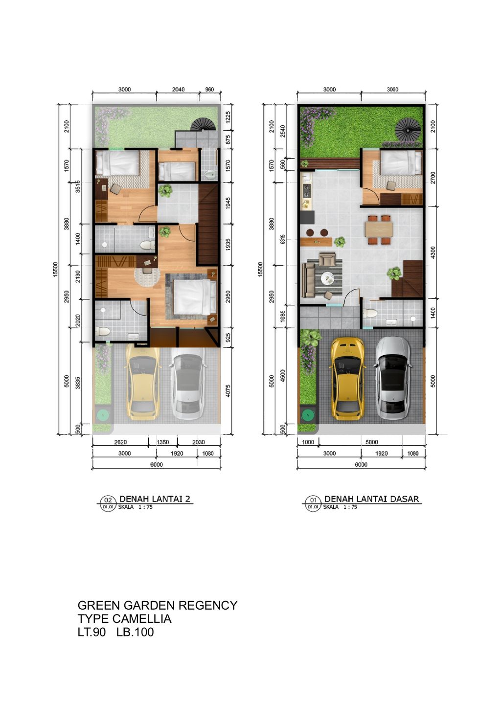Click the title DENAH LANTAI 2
point(155,499)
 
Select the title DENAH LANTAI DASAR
point(371,499)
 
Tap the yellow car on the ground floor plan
point(347,379)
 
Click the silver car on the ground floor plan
point(393,379)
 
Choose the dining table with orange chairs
point(379,229)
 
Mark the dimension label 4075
point(228,391)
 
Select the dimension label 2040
point(179,90)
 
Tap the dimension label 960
point(209,90)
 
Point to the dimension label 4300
point(433,252)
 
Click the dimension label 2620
point(120,442)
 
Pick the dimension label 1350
point(162,442)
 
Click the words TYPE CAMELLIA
point(124,619)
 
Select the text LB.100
point(135,632)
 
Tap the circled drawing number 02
point(108,500)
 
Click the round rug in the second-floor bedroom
point(147,277)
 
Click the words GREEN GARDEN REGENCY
point(158,606)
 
